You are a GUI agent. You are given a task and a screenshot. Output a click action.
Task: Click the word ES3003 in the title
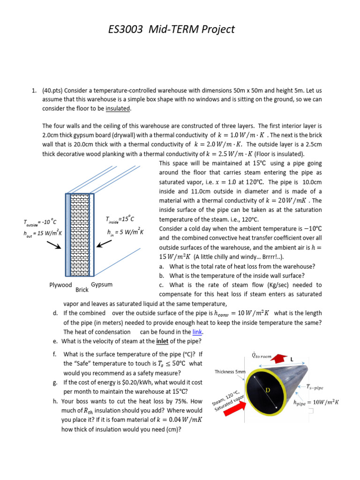click(x=126, y=30)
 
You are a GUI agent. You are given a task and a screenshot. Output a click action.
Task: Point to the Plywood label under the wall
click(x=60, y=285)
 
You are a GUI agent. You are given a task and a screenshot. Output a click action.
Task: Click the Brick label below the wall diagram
click(x=82, y=290)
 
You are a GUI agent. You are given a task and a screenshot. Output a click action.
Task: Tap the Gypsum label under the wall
click(x=102, y=285)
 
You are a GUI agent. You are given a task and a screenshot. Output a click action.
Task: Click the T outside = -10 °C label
click(x=40, y=222)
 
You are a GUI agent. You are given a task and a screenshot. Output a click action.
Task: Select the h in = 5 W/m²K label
click(x=125, y=232)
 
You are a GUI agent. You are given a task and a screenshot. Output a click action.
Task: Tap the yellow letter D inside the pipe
click(x=268, y=390)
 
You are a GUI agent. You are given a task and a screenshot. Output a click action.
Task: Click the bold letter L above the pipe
click(x=291, y=360)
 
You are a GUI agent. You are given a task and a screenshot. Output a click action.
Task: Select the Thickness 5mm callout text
click(x=230, y=372)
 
